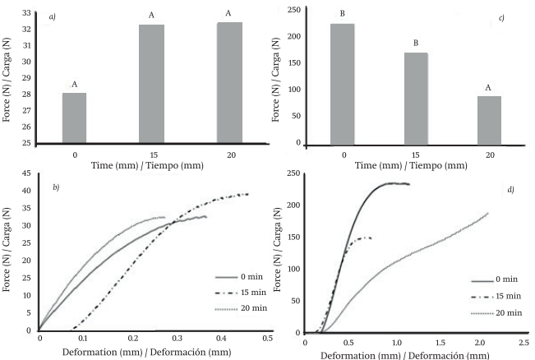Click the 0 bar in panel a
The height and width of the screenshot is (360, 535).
(x=74, y=118)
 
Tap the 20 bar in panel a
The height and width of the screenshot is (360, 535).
(x=228, y=82)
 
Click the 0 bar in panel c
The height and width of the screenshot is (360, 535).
(x=342, y=83)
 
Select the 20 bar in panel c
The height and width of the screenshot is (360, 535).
(x=490, y=120)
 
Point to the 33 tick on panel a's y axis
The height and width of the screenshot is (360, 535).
(x=27, y=12)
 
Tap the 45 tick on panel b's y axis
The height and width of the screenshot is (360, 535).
(x=27, y=173)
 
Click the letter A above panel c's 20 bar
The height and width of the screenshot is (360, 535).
(x=490, y=87)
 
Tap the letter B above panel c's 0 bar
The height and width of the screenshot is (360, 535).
(x=342, y=15)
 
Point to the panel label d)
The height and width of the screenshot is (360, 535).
(x=510, y=192)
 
